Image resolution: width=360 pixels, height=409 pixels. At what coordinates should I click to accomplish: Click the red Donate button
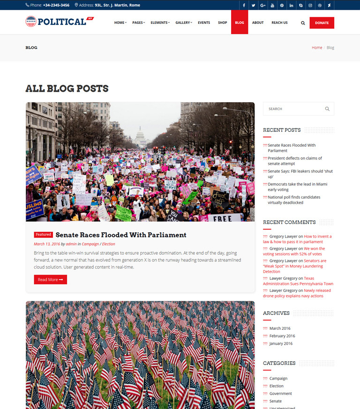click(x=322, y=22)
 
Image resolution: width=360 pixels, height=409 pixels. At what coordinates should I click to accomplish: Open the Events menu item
click(x=204, y=22)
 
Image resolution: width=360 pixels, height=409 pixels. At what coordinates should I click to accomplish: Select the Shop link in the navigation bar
click(x=222, y=22)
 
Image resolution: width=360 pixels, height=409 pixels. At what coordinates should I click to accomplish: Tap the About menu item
click(x=258, y=22)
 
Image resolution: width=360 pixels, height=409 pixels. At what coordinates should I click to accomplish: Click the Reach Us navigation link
click(x=279, y=22)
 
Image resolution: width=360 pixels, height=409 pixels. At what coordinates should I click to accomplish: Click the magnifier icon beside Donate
click(x=303, y=23)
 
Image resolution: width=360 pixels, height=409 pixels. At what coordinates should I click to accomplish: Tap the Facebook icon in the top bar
click(x=244, y=5)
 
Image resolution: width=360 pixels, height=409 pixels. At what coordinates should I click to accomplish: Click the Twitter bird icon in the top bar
click(x=253, y=5)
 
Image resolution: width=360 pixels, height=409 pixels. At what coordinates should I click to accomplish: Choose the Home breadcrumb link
click(x=317, y=47)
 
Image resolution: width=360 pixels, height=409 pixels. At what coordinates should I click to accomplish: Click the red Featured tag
click(x=43, y=234)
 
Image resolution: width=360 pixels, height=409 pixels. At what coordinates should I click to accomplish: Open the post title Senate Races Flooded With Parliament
click(x=121, y=235)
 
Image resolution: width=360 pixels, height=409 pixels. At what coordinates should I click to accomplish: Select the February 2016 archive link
click(x=282, y=336)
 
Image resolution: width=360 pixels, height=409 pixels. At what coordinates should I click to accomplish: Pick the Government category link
click(x=280, y=394)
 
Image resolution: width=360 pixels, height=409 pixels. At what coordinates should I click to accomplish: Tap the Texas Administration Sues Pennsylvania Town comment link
click(x=298, y=281)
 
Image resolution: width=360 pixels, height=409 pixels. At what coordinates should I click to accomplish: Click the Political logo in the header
click(x=60, y=22)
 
